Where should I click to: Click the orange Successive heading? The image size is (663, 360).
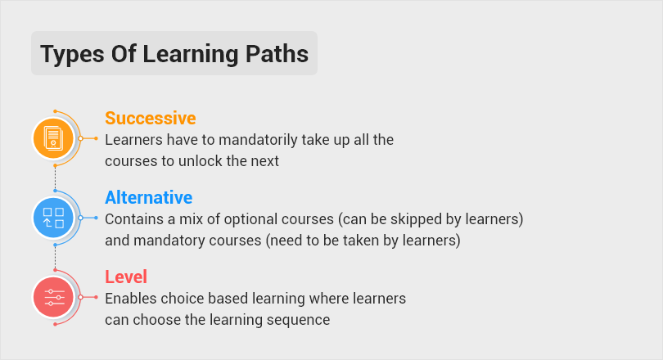(x=150, y=118)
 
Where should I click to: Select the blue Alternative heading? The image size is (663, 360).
(x=148, y=197)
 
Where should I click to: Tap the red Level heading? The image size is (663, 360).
(x=125, y=277)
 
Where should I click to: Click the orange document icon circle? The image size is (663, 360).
(x=53, y=138)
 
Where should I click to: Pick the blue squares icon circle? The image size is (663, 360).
(x=53, y=218)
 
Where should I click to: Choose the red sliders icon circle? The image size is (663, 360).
(x=53, y=297)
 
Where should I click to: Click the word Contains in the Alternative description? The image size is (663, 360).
(x=132, y=220)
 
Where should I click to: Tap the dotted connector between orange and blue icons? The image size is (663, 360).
(x=54, y=178)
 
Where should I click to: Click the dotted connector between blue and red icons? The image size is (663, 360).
(x=54, y=257)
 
